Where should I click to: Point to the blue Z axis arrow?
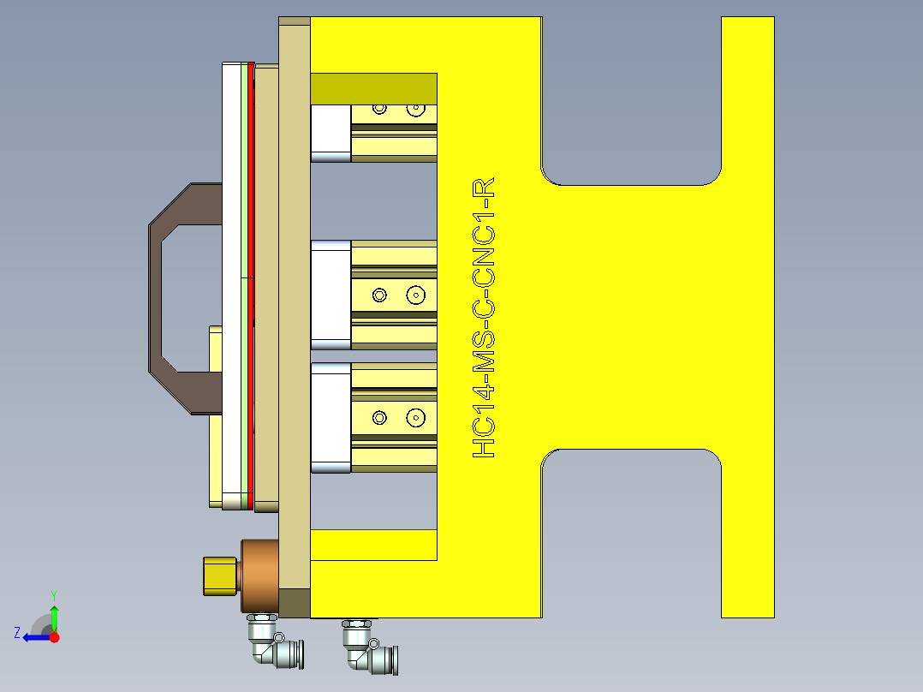coord(33,637)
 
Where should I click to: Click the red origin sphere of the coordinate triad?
coord(54,637)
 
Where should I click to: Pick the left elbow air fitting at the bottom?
coord(271,644)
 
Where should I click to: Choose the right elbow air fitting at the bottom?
coord(368,646)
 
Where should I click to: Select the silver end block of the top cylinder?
coord(330,133)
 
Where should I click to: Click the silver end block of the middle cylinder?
coord(330,295)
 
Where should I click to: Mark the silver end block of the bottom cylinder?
coord(330,418)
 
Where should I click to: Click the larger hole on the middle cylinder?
coord(416,295)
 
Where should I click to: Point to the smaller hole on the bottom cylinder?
coord(379,418)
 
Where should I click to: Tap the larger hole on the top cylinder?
coord(416,110)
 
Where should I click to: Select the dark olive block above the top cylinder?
coord(373,88)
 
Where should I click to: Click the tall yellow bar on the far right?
coord(747,317)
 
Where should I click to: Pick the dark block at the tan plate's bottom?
coord(294,603)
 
